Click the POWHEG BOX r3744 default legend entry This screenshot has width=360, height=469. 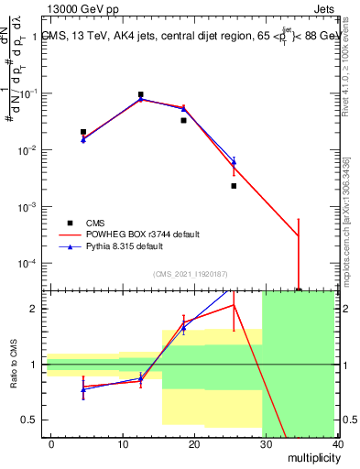[x=142, y=234]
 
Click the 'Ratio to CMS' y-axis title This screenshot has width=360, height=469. [x=13, y=365]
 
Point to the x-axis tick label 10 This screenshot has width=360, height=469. [x=123, y=443]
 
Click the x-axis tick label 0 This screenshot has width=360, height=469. [x=51, y=443]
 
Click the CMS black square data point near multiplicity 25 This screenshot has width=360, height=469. [x=234, y=186]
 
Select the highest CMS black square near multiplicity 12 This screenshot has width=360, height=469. [x=140, y=94]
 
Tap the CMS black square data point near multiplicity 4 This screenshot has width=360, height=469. [x=83, y=132]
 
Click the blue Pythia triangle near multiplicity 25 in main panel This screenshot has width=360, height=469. [x=234, y=163]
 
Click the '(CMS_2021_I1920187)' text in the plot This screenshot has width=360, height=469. [x=189, y=273]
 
